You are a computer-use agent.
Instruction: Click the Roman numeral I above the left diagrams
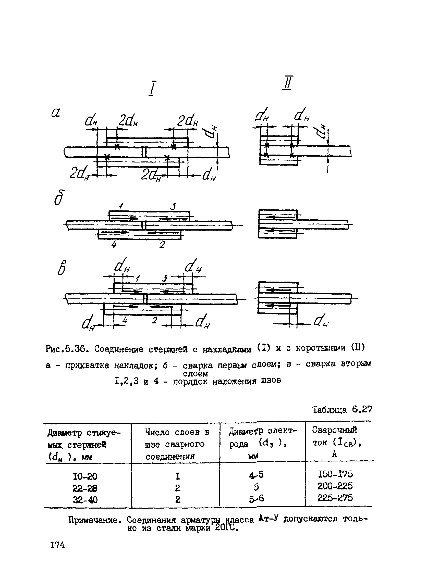[152, 89]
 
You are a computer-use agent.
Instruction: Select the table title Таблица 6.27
[343, 409]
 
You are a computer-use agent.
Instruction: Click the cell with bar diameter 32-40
[85, 500]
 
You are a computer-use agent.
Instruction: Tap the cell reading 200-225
[335, 486]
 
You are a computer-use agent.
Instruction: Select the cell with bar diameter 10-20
[85, 476]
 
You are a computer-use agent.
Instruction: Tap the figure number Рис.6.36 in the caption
[68, 350]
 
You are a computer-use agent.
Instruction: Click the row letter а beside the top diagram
[56, 113]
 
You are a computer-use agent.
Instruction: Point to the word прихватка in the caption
[87, 365]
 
